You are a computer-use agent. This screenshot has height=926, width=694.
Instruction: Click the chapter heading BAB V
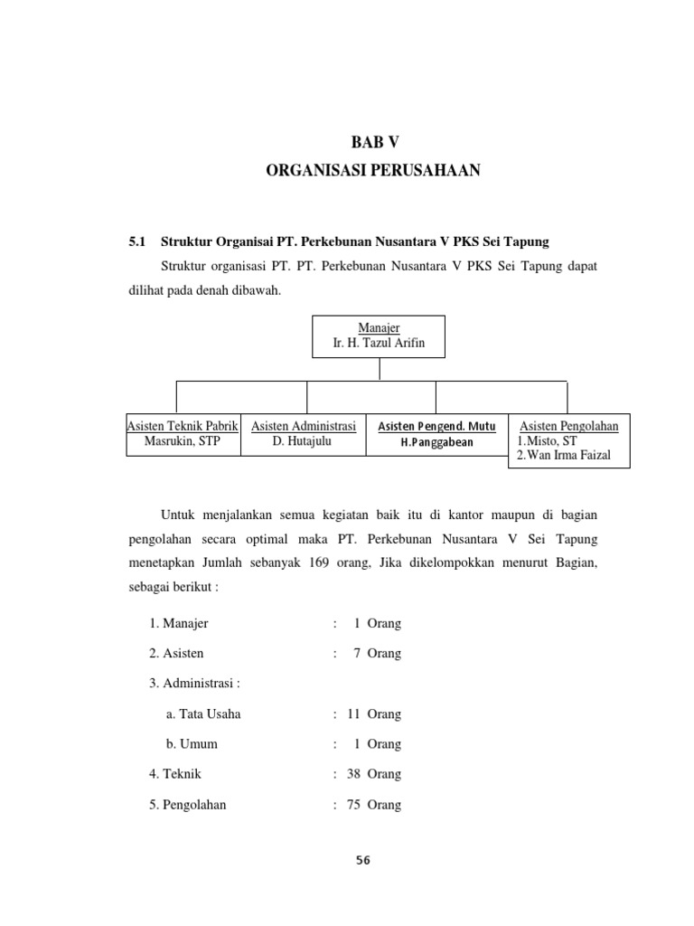(x=373, y=141)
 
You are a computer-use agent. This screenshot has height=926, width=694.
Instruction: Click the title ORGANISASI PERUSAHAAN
(x=373, y=170)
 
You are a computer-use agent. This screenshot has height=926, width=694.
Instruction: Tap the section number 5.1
(x=137, y=241)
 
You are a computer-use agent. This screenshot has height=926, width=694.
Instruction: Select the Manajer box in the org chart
(x=379, y=336)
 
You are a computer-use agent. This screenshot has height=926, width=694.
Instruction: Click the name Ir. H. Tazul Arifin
(x=379, y=344)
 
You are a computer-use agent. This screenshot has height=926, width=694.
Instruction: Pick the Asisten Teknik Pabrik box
(x=183, y=434)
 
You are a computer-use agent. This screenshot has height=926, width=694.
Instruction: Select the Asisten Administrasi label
(x=304, y=426)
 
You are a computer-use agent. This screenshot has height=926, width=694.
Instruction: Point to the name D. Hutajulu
(x=304, y=442)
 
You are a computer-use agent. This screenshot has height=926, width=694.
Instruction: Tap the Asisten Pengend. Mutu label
(x=436, y=426)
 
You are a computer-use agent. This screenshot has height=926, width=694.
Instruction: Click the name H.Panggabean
(x=437, y=442)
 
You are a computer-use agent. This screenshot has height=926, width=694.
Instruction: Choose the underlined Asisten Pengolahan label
(x=569, y=425)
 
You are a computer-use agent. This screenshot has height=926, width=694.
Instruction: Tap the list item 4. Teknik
(x=175, y=774)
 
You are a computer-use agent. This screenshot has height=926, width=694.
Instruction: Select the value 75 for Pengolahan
(x=353, y=805)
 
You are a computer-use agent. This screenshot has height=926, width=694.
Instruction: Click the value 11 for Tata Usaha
(x=353, y=713)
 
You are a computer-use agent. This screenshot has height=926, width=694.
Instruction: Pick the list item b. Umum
(x=192, y=744)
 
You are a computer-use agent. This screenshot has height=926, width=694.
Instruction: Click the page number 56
(x=362, y=861)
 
